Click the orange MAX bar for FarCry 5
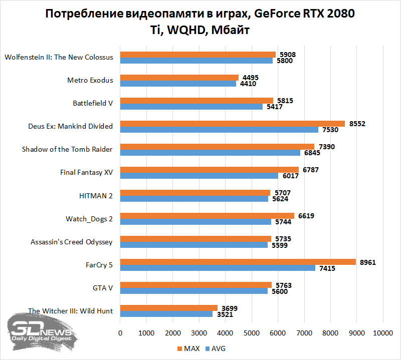(x=238, y=262)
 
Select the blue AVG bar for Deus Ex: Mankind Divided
(x=219, y=130)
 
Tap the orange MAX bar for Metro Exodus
(x=179, y=77)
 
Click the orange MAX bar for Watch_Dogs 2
(x=207, y=216)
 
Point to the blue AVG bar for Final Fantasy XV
(x=199, y=176)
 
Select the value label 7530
(x=330, y=130)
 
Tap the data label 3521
(x=224, y=315)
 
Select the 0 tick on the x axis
(x=120, y=333)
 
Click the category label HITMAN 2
(x=96, y=196)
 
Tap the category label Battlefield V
(x=93, y=103)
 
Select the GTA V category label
(x=103, y=288)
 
